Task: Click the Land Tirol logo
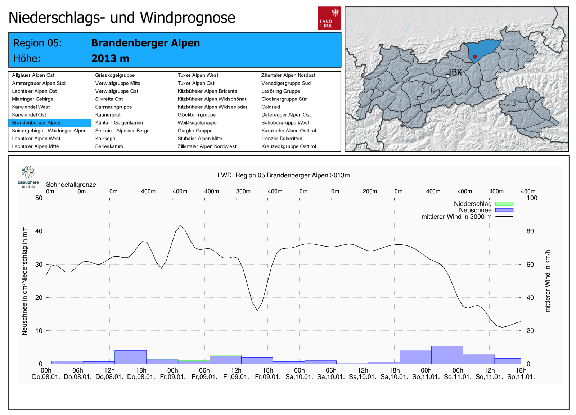point(329,18)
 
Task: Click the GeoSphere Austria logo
point(28,177)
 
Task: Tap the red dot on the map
point(475,57)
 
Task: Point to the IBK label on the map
point(455,72)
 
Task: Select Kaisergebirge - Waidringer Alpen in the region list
point(49,131)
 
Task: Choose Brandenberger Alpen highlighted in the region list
point(36,123)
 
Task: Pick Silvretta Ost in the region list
point(109,99)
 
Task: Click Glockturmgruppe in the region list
point(197,115)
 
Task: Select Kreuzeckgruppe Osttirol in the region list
point(289,146)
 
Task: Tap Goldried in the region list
point(271,107)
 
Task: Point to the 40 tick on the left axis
point(39,231)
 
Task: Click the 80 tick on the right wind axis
point(530,231)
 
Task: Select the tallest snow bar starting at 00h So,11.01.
point(447,355)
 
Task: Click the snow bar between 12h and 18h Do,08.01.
point(130,357)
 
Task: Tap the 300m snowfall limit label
point(243,191)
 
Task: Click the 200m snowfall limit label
point(370,191)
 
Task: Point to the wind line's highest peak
point(181,226)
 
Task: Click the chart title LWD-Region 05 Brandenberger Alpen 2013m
point(283,175)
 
